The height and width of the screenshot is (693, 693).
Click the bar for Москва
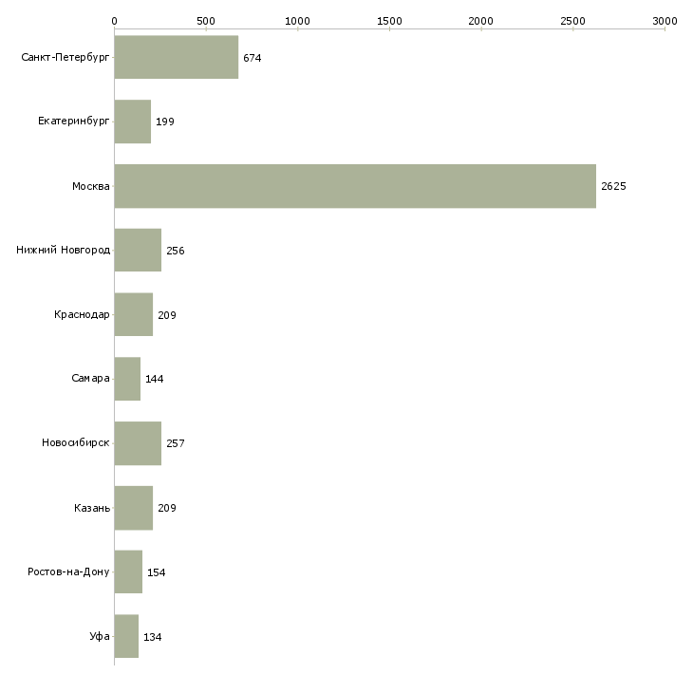click(x=355, y=186)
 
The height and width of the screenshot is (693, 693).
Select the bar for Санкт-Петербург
click(x=176, y=58)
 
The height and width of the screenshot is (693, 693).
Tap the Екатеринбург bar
click(x=132, y=122)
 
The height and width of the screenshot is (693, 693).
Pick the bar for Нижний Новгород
click(x=138, y=251)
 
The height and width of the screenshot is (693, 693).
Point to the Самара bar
click(x=127, y=379)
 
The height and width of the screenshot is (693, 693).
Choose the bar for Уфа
click(x=126, y=636)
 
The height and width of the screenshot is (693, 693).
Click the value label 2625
click(x=613, y=186)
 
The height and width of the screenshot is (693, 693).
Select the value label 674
click(x=252, y=58)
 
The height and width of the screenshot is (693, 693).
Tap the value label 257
click(x=176, y=443)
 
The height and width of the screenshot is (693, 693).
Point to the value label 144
click(x=155, y=379)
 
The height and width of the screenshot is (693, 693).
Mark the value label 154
click(x=157, y=572)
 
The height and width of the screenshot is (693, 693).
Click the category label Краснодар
click(x=82, y=314)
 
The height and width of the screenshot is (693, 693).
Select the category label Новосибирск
click(x=75, y=443)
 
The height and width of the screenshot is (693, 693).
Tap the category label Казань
click(x=92, y=508)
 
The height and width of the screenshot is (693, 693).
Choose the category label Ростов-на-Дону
click(x=68, y=572)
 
